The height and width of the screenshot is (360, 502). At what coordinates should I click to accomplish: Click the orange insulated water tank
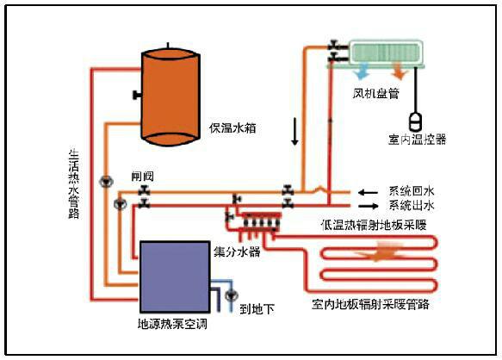pyautogui.click(x=171, y=97)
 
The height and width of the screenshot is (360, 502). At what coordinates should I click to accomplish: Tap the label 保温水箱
pyautogui.click(x=232, y=128)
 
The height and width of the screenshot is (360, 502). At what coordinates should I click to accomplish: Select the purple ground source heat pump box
pyautogui.click(x=175, y=276)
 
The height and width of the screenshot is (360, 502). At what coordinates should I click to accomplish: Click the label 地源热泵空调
pyautogui.click(x=172, y=324)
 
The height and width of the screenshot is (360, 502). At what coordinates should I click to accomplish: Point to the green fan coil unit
pyautogui.click(x=385, y=53)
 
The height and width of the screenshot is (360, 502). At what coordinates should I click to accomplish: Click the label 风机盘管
pyautogui.click(x=376, y=94)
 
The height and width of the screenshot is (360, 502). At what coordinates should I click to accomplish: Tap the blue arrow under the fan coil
pyautogui.click(x=362, y=71)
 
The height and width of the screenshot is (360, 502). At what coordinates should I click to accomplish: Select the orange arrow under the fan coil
pyautogui.click(x=400, y=71)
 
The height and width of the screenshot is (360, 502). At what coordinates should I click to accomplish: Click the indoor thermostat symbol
pyautogui.click(x=416, y=121)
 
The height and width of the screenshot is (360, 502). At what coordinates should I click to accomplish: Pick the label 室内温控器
pyautogui.click(x=417, y=140)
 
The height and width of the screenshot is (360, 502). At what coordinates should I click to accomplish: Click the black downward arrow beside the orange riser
pyautogui.click(x=294, y=131)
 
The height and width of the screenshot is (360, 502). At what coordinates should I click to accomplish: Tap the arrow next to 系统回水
pyautogui.click(x=368, y=193)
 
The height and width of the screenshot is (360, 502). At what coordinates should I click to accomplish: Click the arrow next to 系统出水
pyautogui.click(x=369, y=206)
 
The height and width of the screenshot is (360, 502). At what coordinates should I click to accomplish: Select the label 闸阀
pyautogui.click(x=143, y=177)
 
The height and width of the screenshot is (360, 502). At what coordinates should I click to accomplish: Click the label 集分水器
pyautogui.click(x=238, y=251)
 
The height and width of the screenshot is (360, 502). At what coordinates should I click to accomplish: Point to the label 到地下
pyautogui.click(x=257, y=309)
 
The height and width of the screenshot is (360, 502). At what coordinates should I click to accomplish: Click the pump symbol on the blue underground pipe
pyautogui.click(x=231, y=295)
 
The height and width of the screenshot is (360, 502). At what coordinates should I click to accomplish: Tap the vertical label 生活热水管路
pyautogui.click(x=74, y=183)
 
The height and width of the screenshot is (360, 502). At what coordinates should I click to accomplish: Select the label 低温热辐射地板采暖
pyautogui.click(x=374, y=225)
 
